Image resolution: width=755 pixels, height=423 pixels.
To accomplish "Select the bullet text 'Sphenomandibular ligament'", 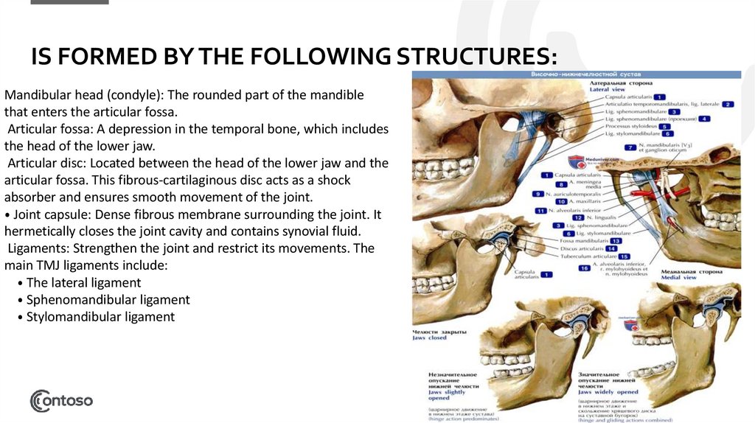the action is click(108, 300).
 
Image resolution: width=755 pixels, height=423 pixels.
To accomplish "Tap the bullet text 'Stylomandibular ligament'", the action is click(100, 317).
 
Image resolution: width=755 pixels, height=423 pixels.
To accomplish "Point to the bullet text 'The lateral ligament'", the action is click(83, 282).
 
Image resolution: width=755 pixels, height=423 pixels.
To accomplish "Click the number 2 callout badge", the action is click(728, 105).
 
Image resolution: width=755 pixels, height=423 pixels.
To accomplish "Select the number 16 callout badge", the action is click(584, 268).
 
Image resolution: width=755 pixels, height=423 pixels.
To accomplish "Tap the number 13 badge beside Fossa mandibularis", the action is click(616, 241).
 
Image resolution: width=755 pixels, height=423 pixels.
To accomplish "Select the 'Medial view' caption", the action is click(678, 277).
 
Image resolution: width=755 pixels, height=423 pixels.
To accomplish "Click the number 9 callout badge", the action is click(539, 194).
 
